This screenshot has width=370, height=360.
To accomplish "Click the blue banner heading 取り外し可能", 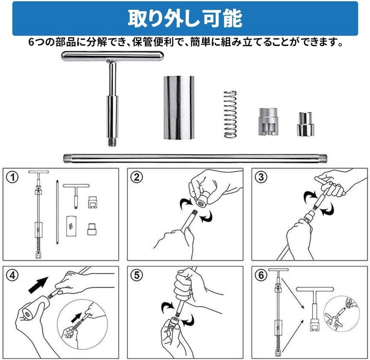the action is point(185,18).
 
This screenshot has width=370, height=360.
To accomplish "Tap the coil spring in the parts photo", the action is point(230,114).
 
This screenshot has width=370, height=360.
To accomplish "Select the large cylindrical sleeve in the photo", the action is point(179,107).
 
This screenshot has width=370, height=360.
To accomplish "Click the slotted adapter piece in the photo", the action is point(268,122).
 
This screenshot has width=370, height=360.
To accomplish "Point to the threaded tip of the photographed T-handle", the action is point(113,142).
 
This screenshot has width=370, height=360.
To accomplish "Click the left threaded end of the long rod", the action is point(67,159).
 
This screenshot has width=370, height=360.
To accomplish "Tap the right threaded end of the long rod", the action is point(323,159).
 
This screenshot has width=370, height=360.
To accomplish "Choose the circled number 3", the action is point(261,177).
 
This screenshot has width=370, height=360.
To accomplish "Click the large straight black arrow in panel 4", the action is point(38,285).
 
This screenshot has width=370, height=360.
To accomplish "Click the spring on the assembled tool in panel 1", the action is point(39,244).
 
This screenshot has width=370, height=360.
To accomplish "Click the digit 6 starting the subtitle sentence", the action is point(31,42).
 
